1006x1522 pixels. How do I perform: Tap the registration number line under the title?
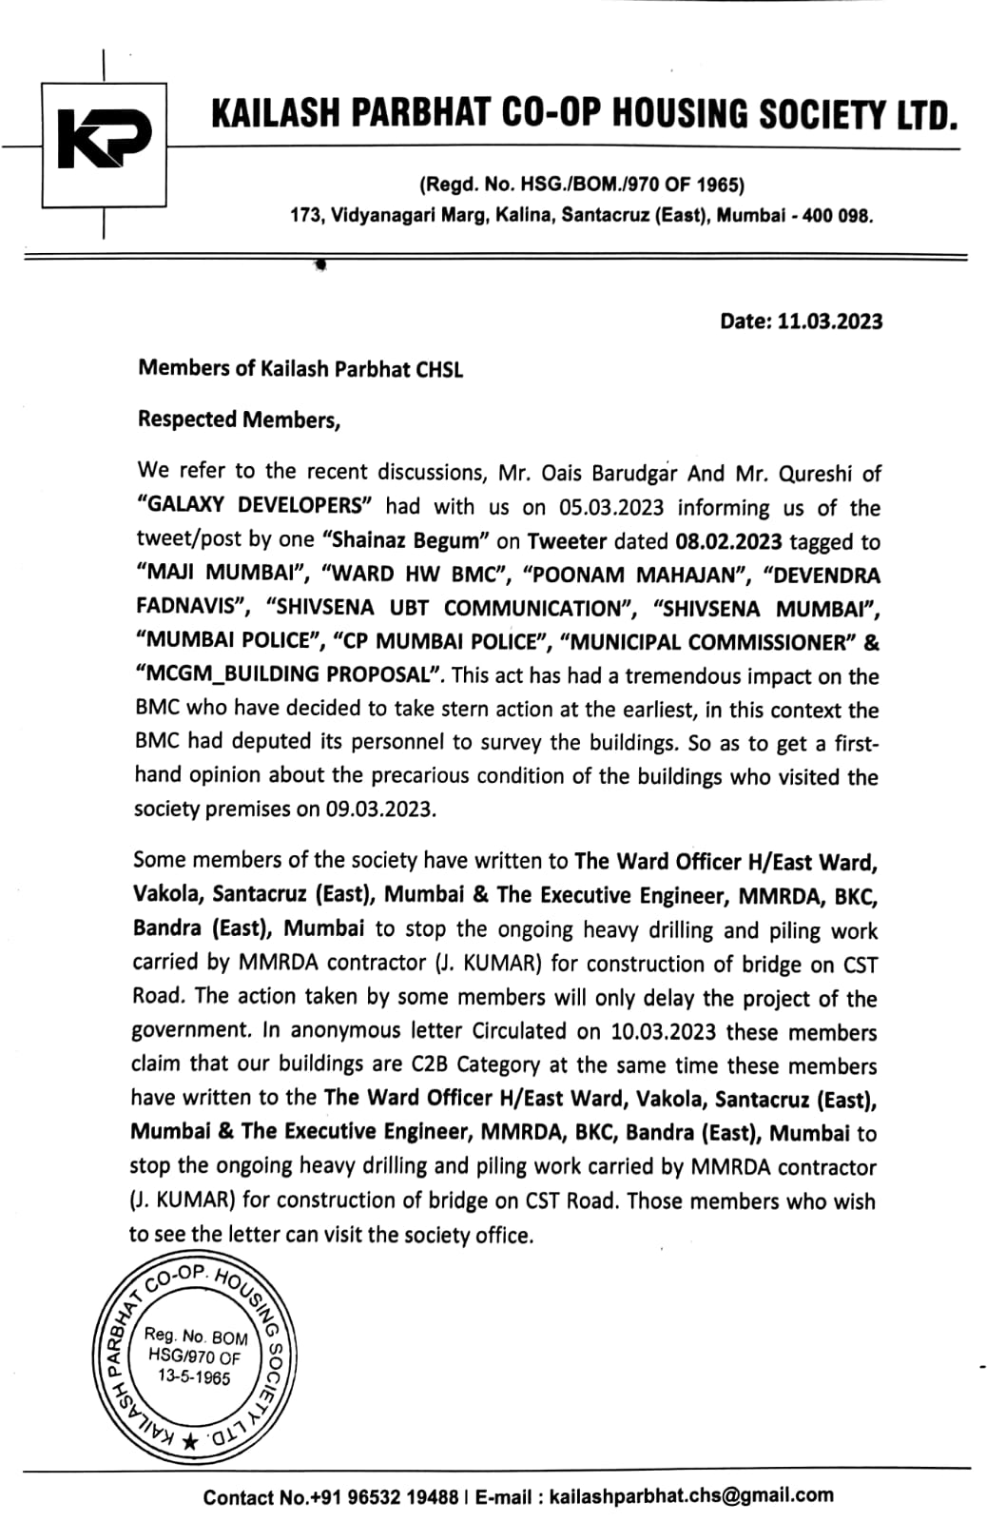[x=582, y=185]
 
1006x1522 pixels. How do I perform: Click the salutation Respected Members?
[x=239, y=420]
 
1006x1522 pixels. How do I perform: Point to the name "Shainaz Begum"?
[x=406, y=541]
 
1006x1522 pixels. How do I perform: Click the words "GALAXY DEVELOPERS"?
[x=254, y=506]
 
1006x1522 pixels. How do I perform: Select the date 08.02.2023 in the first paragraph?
[x=728, y=542]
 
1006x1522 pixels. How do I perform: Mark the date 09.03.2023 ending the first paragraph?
[x=379, y=810]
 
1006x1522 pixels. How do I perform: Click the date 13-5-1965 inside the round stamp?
[x=194, y=1377]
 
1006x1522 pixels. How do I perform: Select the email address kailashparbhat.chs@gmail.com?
[x=691, y=1496]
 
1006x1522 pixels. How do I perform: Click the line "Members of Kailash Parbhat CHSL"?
[x=300, y=369]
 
